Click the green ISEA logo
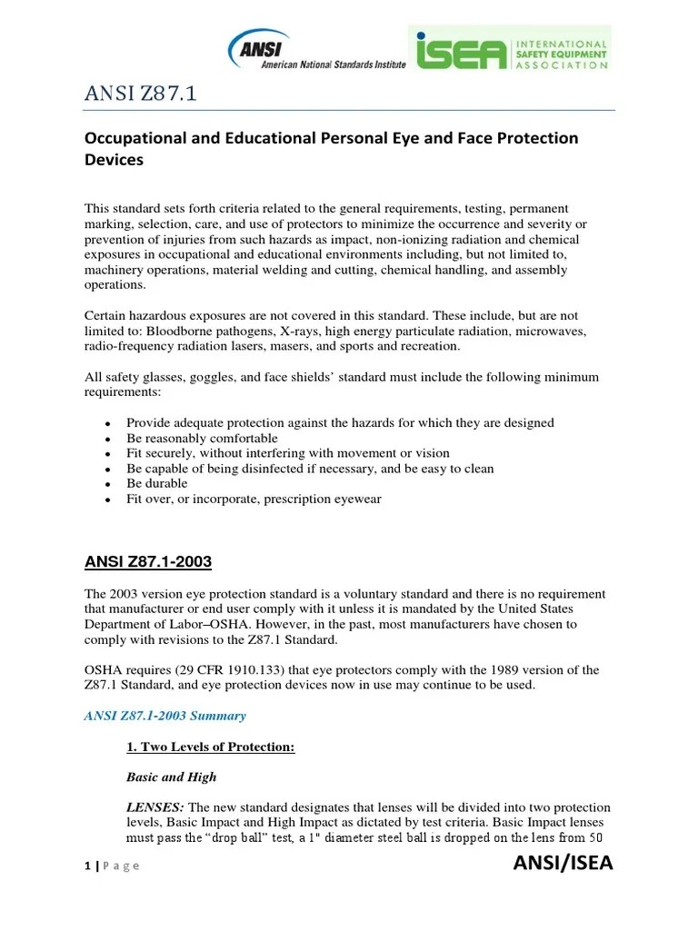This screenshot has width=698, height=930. pos(509,49)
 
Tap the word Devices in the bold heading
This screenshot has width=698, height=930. pos(114,160)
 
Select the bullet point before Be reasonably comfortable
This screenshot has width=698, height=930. pos(107,439)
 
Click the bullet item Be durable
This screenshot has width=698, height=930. pos(156,483)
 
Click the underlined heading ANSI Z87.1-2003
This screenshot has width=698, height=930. pos(147,562)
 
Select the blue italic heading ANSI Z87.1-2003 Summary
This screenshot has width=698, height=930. pos(165,716)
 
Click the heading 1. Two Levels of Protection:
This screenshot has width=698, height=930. pos(209,747)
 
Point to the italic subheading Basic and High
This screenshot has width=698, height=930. pos(171,777)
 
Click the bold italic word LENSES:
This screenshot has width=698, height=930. pos(155,807)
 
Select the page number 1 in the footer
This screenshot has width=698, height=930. pos(86,866)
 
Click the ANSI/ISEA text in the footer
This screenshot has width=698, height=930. pos(563,863)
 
